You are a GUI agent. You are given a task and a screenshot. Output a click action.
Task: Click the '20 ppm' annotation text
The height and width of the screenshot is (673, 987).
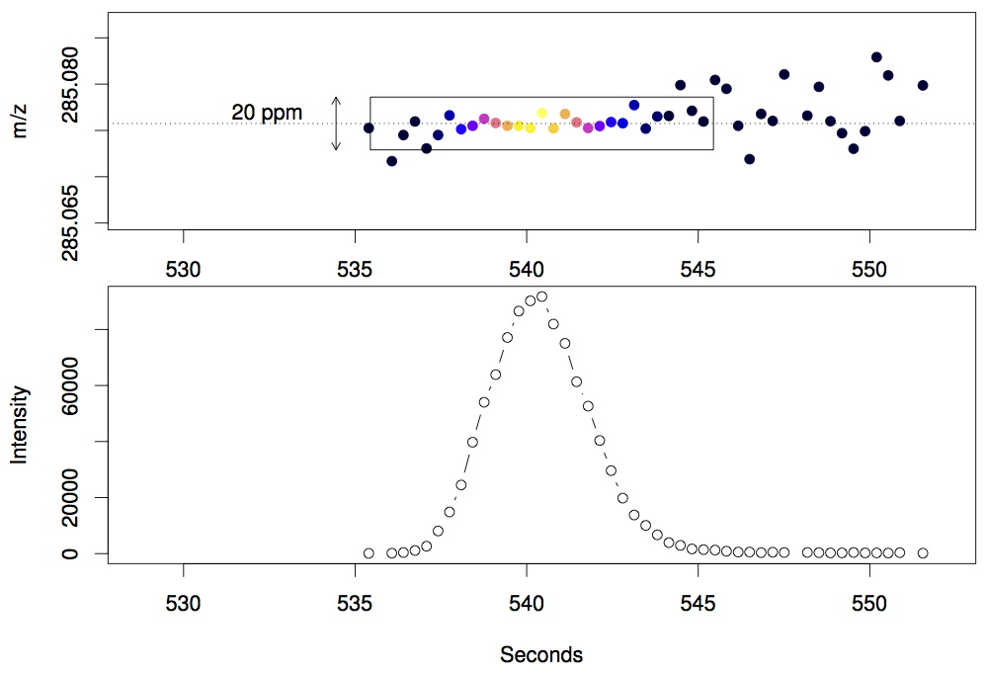267,113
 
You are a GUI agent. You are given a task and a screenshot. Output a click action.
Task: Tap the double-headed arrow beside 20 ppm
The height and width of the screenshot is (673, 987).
336,124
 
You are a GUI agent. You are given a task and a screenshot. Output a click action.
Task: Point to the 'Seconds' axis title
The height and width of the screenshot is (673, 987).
541,654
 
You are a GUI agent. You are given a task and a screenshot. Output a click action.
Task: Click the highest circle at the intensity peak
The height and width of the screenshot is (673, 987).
541,296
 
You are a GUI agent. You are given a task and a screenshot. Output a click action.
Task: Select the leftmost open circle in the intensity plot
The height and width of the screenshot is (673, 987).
369,553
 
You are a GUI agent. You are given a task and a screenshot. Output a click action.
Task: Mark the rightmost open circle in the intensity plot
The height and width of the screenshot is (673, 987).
923,553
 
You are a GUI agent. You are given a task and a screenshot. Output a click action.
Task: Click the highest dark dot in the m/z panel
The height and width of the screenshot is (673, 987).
876,57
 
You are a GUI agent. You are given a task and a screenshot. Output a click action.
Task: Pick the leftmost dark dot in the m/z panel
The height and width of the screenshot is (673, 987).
369,127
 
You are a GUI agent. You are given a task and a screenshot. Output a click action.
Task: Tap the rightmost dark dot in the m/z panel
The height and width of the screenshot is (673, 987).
923,85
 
